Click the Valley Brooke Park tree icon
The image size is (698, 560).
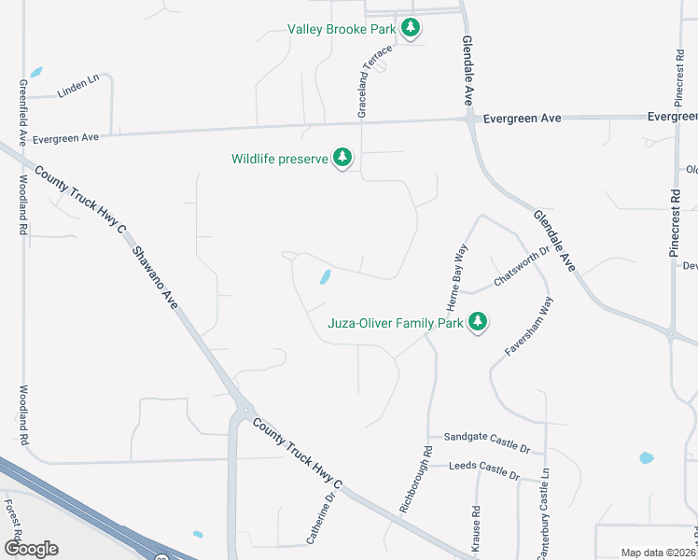coord(411,28)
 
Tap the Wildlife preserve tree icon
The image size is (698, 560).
coord(343,159)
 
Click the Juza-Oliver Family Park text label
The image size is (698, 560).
coord(396,325)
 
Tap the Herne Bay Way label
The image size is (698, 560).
coord(457,278)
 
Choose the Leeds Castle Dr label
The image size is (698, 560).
coord(483,469)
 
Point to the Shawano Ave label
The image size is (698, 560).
coord(155,277)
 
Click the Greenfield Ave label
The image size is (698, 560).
coord(21,109)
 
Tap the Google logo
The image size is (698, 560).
coord(31,548)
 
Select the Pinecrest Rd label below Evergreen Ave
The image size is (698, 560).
coord(676,212)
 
